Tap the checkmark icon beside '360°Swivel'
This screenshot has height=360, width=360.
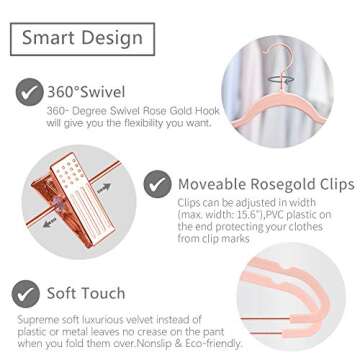[x=26, y=95]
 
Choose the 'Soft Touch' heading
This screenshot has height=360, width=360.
[x=85, y=294]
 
